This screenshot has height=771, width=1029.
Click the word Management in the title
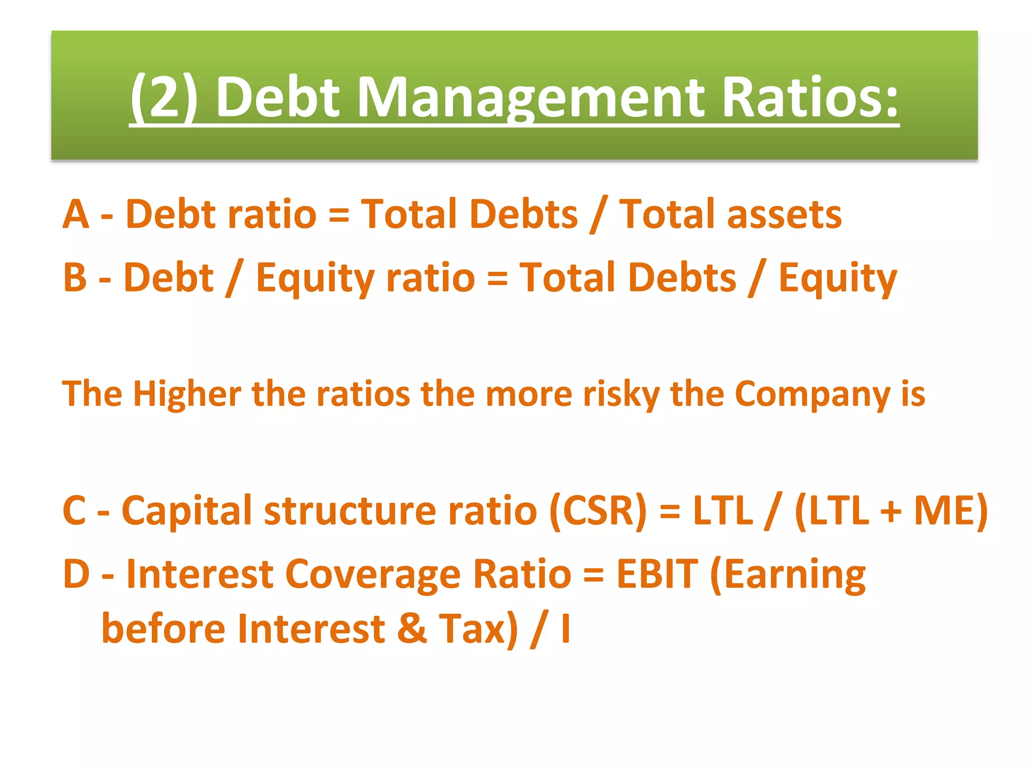[x=532, y=97]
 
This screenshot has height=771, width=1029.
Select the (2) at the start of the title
[x=164, y=97]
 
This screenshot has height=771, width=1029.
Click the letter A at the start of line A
[x=76, y=214]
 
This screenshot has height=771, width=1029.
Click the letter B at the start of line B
[x=75, y=278]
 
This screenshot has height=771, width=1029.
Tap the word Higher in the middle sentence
[x=187, y=394]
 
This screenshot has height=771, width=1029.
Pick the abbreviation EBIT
[x=657, y=574]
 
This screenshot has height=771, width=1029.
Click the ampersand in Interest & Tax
[x=412, y=628]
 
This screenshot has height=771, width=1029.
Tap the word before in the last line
[x=163, y=628]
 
